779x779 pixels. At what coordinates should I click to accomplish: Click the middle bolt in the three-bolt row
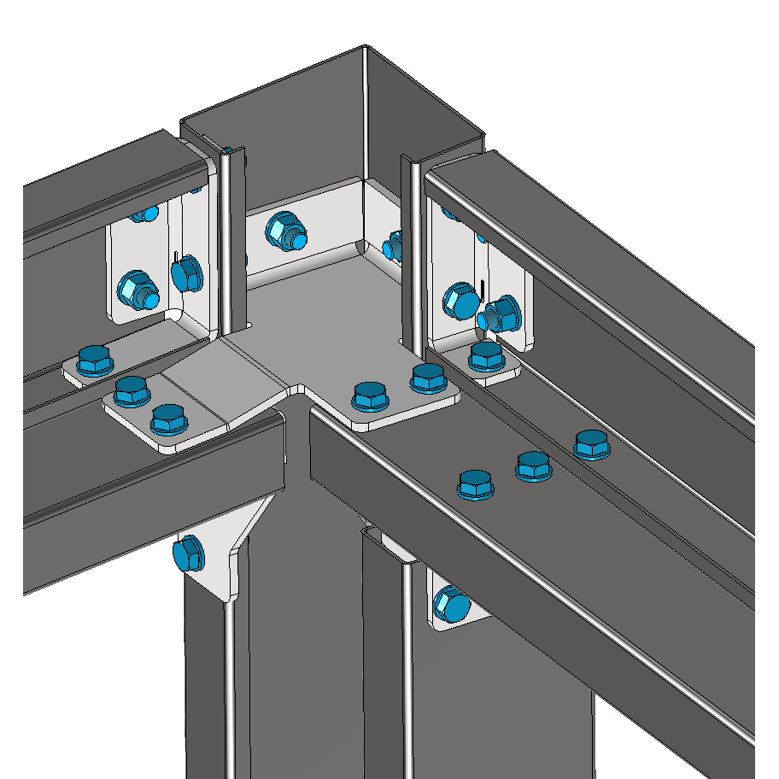[x=533, y=465]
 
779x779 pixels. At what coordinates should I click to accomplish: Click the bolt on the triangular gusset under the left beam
[x=187, y=555]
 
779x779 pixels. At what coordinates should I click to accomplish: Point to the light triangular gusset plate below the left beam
[x=229, y=547]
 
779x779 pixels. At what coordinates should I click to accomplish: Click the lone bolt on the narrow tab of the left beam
[x=93, y=360]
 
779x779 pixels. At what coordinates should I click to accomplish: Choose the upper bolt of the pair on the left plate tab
[x=132, y=392]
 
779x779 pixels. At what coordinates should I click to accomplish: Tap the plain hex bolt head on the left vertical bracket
[x=186, y=273]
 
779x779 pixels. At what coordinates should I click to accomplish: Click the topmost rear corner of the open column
[x=365, y=48]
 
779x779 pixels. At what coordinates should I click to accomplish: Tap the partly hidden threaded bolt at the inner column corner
[x=393, y=246]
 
